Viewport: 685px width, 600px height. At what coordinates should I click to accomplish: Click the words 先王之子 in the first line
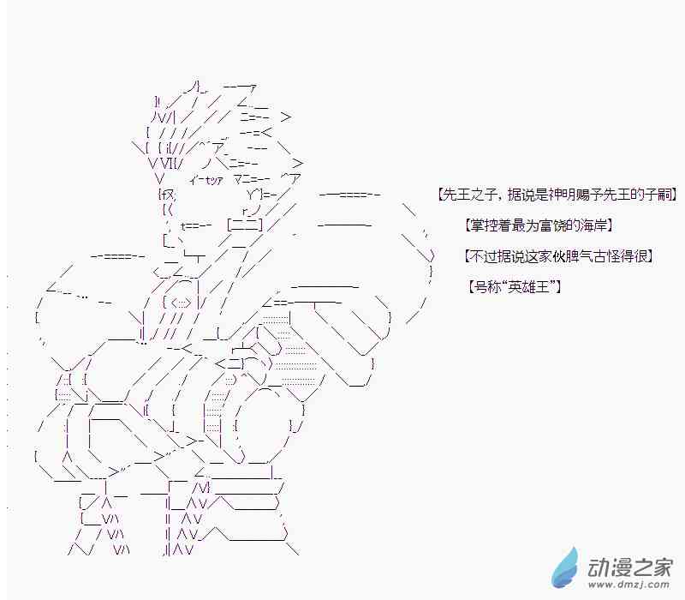[467, 195]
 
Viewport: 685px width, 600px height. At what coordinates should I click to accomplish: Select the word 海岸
[593, 225]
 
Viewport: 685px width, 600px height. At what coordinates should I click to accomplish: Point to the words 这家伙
[536, 255]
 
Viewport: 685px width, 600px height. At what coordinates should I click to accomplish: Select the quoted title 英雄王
[529, 286]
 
